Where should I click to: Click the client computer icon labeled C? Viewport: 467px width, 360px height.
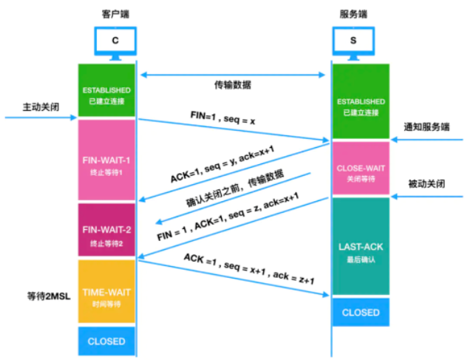(x=115, y=41)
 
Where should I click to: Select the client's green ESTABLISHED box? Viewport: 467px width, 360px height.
(x=107, y=91)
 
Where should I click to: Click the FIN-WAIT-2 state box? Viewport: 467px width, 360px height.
(x=107, y=230)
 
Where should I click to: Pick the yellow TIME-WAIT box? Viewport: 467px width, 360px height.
(x=107, y=292)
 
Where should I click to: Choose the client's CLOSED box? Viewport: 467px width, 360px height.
(x=107, y=341)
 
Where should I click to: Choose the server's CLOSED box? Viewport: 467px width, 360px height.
(x=361, y=313)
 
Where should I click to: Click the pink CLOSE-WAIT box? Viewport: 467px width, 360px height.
(x=361, y=172)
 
